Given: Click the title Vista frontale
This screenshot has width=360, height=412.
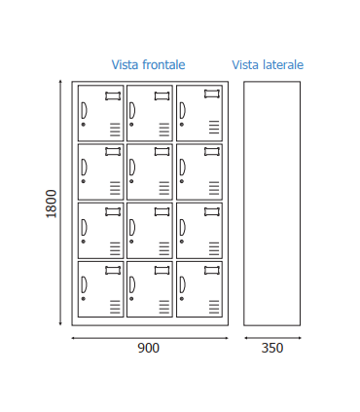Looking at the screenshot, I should pos(148,65).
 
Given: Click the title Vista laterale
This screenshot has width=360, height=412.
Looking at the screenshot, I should pos(268,65).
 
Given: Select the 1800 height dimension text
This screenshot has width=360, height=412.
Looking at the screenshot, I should pos(52,204).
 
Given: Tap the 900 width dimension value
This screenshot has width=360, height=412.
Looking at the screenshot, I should pos(148,348).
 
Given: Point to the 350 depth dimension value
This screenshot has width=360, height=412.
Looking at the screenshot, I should pos(272,348).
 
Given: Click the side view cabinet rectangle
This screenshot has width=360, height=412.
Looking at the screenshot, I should pos(271,203).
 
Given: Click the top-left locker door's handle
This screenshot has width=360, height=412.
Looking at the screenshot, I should pos(84,109).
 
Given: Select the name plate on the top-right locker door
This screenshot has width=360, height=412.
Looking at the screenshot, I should pos(211,94).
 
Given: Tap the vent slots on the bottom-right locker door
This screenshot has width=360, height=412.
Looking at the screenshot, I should pos(212,306).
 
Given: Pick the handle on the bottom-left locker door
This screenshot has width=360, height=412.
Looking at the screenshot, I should pos(84,284).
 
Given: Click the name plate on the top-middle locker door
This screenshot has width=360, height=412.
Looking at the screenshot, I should pos(162,94).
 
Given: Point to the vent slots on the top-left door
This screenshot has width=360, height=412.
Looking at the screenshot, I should pos(115,130).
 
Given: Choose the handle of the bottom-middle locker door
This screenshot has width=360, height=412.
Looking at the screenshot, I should pos(132,284).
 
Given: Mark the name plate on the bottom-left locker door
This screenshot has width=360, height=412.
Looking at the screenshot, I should pos(113,271).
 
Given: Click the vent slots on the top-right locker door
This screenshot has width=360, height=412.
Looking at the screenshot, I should pos(212,130).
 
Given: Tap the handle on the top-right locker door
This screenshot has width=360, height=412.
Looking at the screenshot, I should pos(182,109).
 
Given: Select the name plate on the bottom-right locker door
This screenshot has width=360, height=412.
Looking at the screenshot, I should pos(211,271).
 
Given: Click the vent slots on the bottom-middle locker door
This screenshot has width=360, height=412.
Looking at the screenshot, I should pos(163,306).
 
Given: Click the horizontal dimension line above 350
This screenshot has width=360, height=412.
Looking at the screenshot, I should pos(272,338).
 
